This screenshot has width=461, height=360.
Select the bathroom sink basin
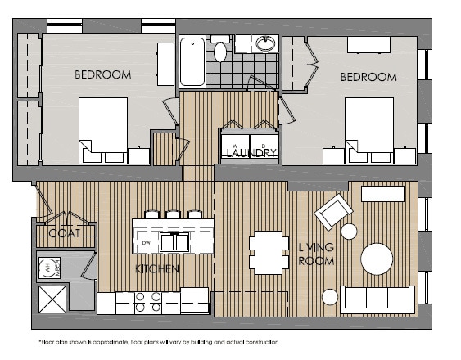tap(265, 43)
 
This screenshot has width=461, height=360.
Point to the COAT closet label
tap(63, 233)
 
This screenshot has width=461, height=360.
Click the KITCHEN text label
tap(157, 268)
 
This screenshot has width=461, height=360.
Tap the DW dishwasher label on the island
tap(146, 243)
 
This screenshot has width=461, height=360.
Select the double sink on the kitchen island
tap(174, 242)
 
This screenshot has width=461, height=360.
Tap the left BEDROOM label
tap(103, 75)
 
